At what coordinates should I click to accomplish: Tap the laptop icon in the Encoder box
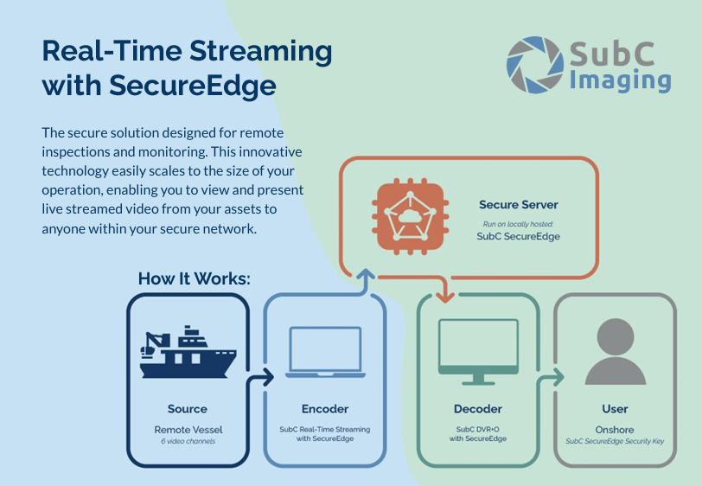(323, 355)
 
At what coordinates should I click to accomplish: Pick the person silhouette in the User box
(615, 351)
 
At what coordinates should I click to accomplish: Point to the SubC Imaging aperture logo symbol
(535, 65)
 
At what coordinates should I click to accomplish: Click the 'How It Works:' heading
(194, 279)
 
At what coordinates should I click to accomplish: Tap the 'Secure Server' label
(518, 205)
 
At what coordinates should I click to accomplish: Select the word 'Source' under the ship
(187, 408)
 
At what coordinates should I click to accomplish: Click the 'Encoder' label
(323, 408)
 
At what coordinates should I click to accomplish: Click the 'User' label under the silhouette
(615, 408)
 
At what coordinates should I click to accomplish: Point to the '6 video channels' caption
(187, 441)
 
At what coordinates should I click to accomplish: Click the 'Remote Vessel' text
(187, 428)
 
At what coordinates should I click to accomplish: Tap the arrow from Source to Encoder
(260, 377)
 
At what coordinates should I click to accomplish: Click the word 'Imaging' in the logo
(620, 80)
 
